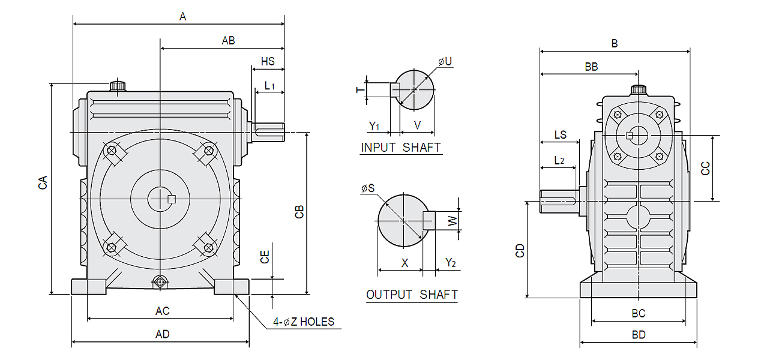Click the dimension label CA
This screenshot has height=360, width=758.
click(43, 184)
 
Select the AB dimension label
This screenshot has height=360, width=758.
click(228, 41)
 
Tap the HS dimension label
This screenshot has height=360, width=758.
click(268, 62)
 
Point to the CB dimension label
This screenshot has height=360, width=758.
click(299, 212)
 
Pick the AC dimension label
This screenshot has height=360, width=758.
click(162, 311)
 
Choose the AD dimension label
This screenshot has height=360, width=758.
click(162, 334)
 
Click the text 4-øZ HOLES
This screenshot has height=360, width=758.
click(304, 322)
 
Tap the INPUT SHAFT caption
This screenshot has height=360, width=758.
click(401, 147)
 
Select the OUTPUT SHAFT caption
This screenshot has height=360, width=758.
click(412, 295)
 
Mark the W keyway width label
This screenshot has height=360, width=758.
click(454, 220)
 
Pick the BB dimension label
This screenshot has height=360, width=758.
click(591, 67)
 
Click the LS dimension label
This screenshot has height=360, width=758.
click(560, 135)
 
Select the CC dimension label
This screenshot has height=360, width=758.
click(706, 168)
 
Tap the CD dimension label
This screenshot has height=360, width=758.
click(520, 250)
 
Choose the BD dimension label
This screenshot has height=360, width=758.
click(639, 335)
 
